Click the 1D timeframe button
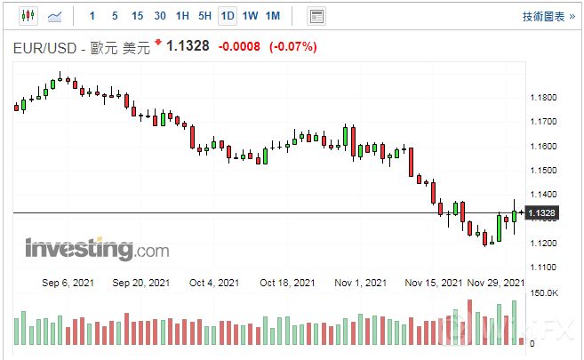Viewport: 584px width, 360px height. click(228, 16)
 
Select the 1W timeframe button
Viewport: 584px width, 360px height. click(250, 16)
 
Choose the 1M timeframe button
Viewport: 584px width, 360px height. click(273, 16)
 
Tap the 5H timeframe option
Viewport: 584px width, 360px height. click(204, 16)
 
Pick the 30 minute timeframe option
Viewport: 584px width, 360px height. click(159, 16)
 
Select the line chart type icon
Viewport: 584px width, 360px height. click(55, 16)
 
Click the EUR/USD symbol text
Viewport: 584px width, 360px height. click(45, 47)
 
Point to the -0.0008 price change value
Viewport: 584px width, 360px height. click(239, 46)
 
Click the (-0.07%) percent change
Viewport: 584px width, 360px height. click(292, 46)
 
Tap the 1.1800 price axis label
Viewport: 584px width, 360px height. click(543, 98)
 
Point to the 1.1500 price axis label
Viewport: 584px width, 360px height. click(543, 171)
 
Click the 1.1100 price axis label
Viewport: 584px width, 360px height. click(543, 268)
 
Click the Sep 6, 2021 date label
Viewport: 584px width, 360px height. click(68, 284)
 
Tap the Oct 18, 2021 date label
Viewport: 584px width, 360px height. click(288, 284)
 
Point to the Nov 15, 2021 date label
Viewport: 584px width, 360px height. click(433, 284)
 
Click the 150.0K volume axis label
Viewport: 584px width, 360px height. click(543, 293)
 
